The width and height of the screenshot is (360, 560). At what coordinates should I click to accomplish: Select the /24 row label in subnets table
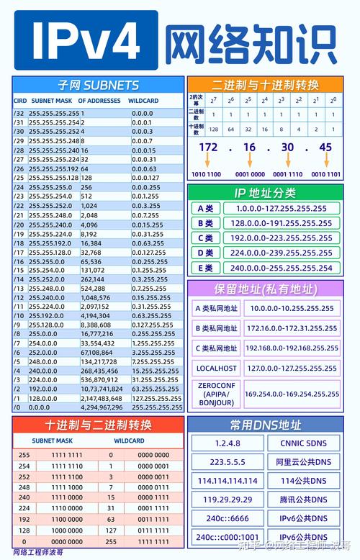(x=19, y=187)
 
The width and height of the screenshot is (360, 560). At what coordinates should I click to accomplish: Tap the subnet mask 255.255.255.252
(x=54, y=132)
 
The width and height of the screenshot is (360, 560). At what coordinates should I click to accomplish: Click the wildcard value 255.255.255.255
(x=156, y=407)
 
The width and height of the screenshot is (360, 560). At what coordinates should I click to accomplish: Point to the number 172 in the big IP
(x=208, y=147)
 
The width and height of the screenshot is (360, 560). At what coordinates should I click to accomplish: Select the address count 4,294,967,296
(x=102, y=407)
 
